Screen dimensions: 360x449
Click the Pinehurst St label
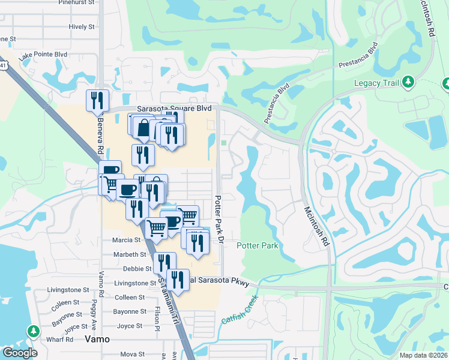(x=77, y=2)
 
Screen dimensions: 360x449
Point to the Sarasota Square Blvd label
(x=175, y=109)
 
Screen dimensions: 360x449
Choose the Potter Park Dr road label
(x=220, y=218)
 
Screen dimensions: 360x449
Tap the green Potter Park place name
(x=257, y=246)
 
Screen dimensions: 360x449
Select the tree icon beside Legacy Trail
(x=408, y=82)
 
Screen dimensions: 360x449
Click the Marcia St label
(x=126, y=240)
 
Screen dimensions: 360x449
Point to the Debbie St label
(x=137, y=269)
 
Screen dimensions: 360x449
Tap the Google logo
(x=20, y=353)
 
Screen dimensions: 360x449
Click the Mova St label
(x=133, y=355)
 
